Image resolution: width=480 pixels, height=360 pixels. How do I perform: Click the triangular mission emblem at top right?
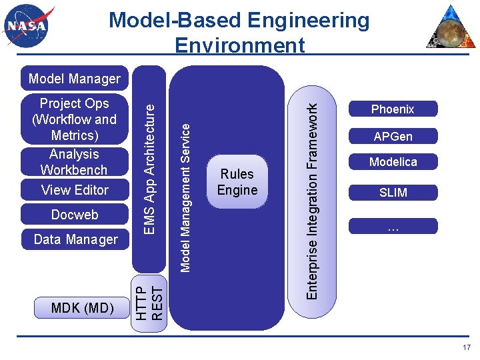[x=451, y=27]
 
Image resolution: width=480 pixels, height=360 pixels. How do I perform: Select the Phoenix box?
[x=393, y=109]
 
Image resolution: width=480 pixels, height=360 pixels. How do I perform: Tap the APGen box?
[x=393, y=136]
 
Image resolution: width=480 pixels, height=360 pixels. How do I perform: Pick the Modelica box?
[x=393, y=161]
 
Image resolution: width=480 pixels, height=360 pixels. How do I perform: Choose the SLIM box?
[x=393, y=193]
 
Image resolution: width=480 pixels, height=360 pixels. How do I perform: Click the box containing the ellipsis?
[x=393, y=226]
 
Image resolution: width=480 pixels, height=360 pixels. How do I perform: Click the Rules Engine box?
[x=237, y=182]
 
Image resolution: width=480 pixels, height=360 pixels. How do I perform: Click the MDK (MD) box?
[x=83, y=307]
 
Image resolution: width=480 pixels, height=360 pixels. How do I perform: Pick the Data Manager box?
[x=75, y=239]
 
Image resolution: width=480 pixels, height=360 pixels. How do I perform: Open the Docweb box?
[x=75, y=215]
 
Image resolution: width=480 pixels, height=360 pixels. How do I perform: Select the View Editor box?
[x=75, y=190]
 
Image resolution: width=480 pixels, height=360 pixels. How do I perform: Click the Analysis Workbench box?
[x=74, y=162]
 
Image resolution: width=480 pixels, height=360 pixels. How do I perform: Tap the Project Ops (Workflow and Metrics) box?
[x=74, y=119]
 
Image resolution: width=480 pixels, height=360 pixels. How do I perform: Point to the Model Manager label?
[x=75, y=79]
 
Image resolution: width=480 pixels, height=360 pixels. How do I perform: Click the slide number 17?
[x=466, y=347]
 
